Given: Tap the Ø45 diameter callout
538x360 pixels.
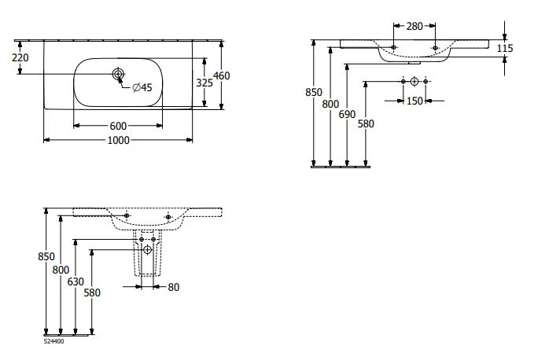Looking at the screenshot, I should pos(142,86).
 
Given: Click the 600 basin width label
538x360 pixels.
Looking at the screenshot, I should pos(119,126).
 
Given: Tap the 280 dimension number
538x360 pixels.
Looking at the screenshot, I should pos(415,26).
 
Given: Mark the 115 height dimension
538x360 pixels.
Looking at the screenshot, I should pos(505,49).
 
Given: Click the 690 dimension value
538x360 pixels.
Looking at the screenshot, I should pos(347,115).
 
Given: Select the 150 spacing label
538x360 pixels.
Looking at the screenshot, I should pos(414,101).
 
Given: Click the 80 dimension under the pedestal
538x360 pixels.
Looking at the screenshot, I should pos(174,287).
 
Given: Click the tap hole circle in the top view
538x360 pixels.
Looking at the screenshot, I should pos(118,75).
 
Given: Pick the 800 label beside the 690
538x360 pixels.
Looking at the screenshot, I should pos(331,105).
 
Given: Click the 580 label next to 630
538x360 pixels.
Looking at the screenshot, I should pos(91,292).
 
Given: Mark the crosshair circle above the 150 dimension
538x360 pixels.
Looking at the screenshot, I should pos(415,82).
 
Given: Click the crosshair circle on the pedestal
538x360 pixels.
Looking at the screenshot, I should pos(147,250).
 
